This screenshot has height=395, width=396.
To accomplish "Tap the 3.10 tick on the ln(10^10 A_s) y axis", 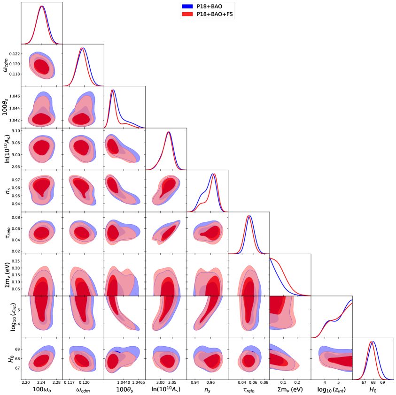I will click(16, 131).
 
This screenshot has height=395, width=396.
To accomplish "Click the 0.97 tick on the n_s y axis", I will click(16, 180).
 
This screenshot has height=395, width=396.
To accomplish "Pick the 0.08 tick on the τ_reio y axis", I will click(16, 218).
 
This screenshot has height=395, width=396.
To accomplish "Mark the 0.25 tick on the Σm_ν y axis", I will click(16, 260).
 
